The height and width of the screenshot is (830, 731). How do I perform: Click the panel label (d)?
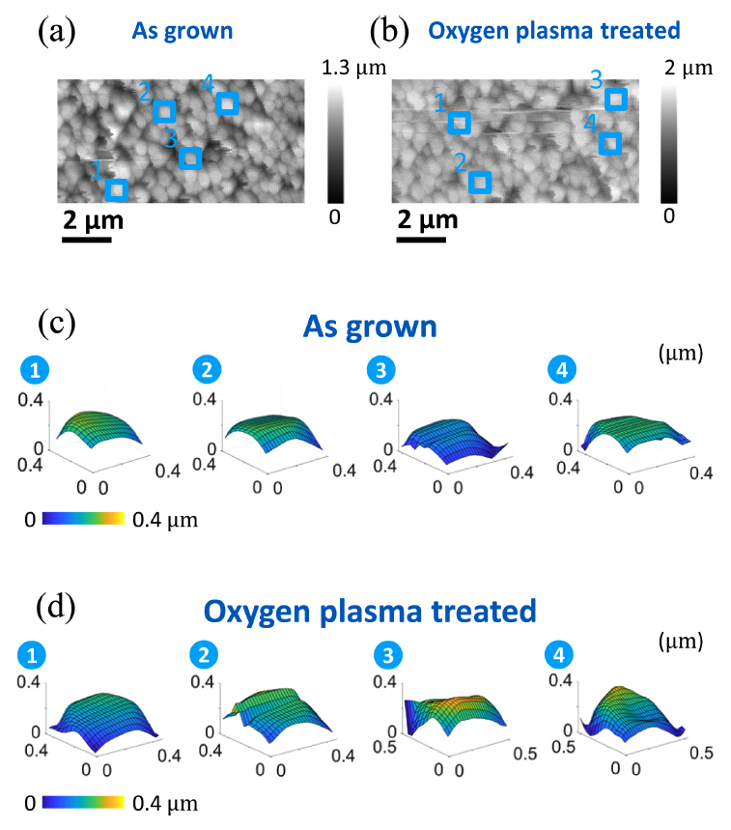[55, 611]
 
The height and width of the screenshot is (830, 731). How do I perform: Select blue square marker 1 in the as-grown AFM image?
[117, 189]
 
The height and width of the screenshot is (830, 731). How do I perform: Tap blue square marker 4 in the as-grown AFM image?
[227, 103]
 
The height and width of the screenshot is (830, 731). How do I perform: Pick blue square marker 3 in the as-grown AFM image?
[191, 157]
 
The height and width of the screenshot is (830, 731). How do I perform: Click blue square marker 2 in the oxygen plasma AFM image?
[479, 182]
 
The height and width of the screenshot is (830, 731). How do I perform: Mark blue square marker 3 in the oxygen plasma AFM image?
[615, 99]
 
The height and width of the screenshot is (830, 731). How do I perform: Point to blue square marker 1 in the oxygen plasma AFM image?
[460, 123]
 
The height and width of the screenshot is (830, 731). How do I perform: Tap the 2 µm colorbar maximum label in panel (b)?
[689, 68]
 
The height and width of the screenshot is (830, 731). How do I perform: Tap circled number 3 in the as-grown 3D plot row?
[379, 371]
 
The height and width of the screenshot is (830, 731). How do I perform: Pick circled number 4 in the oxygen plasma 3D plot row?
[559, 655]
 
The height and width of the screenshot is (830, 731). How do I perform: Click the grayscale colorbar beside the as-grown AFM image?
[334, 142]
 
